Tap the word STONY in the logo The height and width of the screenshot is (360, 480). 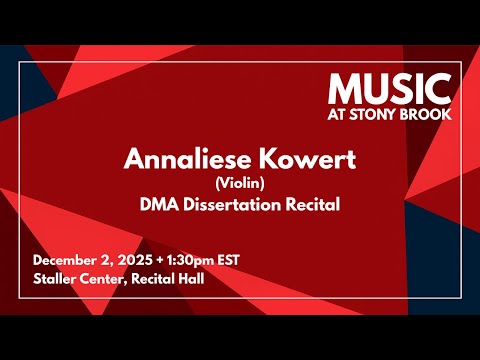click(386, 113)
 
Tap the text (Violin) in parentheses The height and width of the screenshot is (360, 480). click(240, 183)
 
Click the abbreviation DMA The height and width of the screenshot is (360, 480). click(158, 205)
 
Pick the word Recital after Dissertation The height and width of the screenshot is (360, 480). click(310, 205)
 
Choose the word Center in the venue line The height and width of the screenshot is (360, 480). click(108, 278)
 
